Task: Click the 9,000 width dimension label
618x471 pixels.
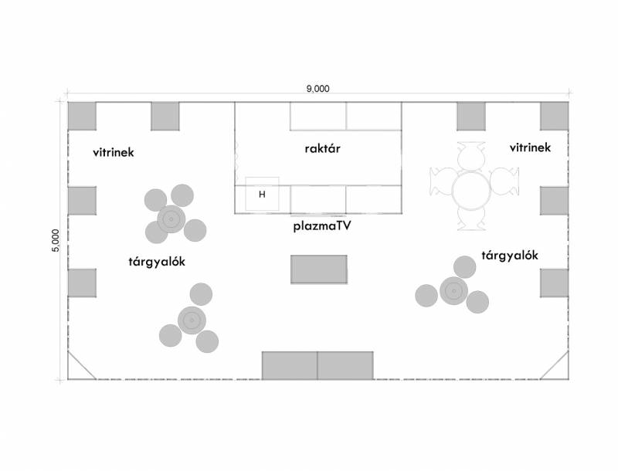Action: click(317, 88)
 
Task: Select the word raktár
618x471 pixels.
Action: click(317, 149)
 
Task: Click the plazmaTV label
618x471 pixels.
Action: click(324, 227)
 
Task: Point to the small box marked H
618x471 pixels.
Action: click(262, 195)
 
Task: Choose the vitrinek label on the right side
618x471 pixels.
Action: click(530, 147)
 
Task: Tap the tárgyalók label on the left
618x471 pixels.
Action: click(157, 261)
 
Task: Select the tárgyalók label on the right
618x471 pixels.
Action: click(509, 256)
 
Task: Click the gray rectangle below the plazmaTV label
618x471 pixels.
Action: click(318, 269)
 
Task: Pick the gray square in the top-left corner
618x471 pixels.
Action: click(82, 116)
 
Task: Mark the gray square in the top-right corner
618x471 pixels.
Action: click(555, 116)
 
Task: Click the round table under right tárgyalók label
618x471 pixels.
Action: click(453, 291)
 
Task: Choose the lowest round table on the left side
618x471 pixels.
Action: click(191, 319)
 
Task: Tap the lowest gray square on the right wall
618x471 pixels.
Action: click(554, 283)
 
